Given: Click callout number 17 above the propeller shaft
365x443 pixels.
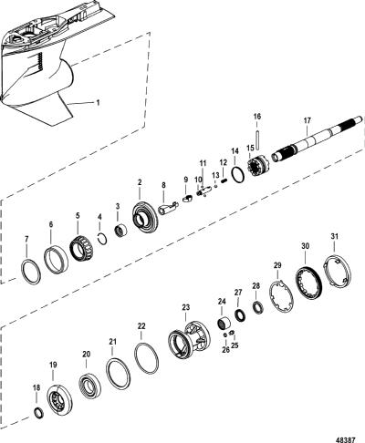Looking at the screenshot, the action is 308,120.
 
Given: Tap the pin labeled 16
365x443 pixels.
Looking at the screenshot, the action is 257,139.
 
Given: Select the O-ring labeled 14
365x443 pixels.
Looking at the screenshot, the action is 238,175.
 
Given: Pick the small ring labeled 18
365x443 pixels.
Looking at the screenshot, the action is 38,413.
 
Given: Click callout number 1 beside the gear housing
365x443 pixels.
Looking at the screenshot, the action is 98,103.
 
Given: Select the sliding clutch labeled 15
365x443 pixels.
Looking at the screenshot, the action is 257,164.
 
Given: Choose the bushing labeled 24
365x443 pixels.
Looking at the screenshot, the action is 225,323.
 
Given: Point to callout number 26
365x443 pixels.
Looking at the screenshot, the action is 225,350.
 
